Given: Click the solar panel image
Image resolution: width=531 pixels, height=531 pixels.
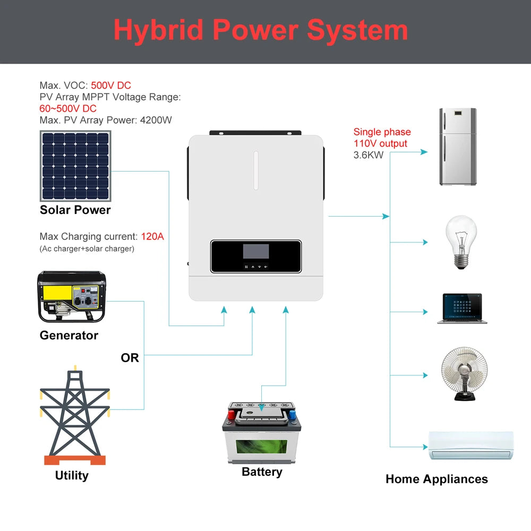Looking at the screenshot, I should tap(75, 166).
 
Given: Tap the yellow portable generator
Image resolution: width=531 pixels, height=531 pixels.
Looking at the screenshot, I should tap(71, 297).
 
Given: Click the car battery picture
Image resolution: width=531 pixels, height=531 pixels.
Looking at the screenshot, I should tap(261, 433).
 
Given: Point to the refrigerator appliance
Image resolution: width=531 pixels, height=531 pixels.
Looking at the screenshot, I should tap(458, 147).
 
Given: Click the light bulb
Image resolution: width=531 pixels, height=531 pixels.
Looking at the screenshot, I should tap(460, 242).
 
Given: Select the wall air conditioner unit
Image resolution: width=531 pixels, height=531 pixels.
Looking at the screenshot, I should tap(471, 445).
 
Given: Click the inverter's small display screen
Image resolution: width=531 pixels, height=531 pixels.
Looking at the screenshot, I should tap(255, 252).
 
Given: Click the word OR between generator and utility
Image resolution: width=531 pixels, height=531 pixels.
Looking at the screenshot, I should tap(130, 358).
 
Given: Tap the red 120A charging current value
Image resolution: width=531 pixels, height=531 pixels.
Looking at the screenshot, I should tap(152, 237).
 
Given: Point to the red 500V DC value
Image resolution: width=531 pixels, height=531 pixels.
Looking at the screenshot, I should tap(111, 85).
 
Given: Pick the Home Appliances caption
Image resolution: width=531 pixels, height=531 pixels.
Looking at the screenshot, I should tap(436, 479).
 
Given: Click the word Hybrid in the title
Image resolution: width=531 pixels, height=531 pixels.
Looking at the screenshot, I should tap(158, 30).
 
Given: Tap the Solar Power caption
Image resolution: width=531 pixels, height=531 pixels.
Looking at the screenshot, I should tap(75, 210).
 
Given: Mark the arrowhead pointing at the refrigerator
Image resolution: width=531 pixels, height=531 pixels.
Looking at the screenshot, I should tap(424, 152).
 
